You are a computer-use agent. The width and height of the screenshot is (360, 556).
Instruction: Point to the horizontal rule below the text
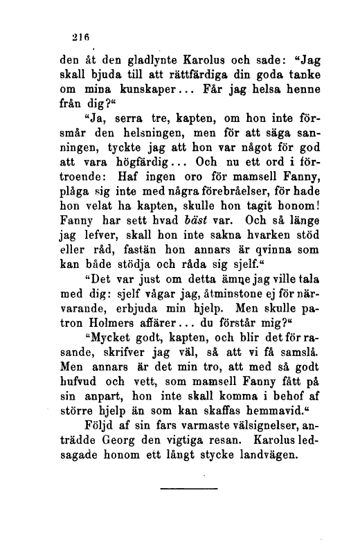179,490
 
